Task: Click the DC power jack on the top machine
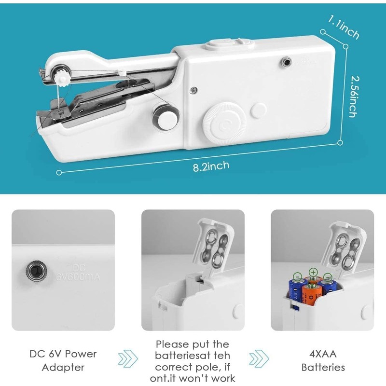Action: point(287,62)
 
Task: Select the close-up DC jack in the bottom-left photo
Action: point(34,270)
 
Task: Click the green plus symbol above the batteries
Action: point(313,273)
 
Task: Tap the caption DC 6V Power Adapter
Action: point(63,360)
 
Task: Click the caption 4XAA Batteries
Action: point(323,360)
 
